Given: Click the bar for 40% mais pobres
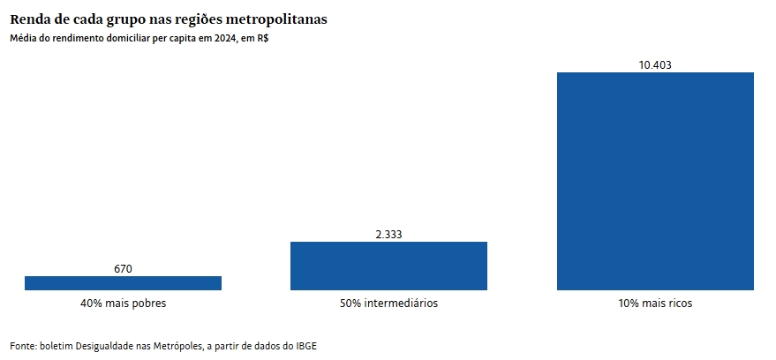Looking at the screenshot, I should point(123,282).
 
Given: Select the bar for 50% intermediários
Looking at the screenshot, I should point(388,265).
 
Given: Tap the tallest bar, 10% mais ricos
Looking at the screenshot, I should point(655,181).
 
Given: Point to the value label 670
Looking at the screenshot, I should point(123,268).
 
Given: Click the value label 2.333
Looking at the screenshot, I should point(388,234).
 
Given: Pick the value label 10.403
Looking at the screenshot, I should point(655,64).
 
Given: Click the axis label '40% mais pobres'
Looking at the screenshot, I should point(123,304).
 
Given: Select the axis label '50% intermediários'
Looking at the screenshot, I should point(388,304).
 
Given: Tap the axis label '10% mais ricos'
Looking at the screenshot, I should point(655,304).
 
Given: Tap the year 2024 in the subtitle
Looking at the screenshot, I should point(224,38).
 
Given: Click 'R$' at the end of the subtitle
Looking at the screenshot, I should point(262,38).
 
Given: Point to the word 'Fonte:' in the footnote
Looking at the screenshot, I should point(24,345).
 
